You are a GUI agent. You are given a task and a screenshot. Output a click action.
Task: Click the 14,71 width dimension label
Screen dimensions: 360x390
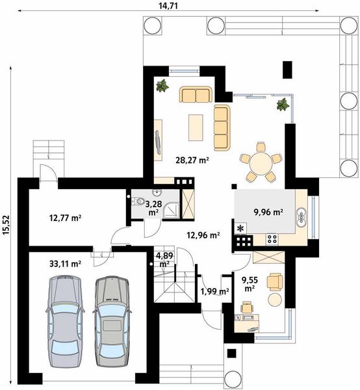(x=168, y=6)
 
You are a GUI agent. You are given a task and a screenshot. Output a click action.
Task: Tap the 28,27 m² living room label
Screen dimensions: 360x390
(x=192, y=160)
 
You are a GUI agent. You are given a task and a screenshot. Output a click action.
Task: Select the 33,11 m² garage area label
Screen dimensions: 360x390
(x=65, y=264)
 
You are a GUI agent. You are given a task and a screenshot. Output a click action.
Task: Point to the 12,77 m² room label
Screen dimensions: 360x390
(x=66, y=218)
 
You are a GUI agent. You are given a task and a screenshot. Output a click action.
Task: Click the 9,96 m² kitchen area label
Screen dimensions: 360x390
(x=268, y=212)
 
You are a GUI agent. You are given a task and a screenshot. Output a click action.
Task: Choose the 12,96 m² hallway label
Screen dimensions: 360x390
(x=203, y=235)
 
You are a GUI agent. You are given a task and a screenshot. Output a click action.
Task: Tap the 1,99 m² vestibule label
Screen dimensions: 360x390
(x=215, y=291)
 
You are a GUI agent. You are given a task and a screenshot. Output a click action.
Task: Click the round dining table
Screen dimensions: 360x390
(x=261, y=163)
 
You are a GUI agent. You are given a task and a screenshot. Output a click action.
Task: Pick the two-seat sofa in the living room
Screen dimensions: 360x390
(x=196, y=94)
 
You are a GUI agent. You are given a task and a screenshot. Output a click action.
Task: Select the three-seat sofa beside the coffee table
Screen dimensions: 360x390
(x=222, y=128)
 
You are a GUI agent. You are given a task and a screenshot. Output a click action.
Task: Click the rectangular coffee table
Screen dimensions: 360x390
(x=196, y=127)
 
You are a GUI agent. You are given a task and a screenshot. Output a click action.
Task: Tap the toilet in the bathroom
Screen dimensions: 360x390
(x=138, y=200)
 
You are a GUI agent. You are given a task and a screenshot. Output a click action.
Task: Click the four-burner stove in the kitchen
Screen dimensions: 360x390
(x=272, y=239)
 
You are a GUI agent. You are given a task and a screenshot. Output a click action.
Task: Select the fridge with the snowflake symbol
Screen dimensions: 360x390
(x=240, y=228)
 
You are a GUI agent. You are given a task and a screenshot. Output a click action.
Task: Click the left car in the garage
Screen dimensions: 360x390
(x=65, y=321)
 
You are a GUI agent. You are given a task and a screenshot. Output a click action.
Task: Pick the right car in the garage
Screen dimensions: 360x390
(x=112, y=321)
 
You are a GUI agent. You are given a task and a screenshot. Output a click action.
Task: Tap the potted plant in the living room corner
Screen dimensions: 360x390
(x=162, y=86)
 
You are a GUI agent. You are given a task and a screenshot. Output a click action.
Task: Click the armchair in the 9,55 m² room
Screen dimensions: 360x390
(x=275, y=282)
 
